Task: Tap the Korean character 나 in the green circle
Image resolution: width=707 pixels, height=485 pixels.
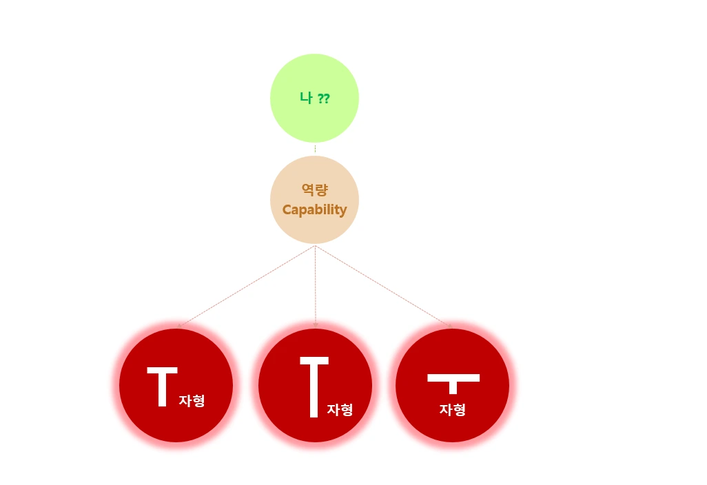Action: tap(307, 98)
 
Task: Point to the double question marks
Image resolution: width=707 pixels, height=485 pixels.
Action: tap(323, 99)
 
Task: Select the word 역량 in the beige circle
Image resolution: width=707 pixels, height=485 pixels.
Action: tap(314, 190)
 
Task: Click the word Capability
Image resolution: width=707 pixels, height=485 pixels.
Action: tap(314, 209)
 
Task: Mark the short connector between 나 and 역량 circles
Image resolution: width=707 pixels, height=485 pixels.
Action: tap(315, 149)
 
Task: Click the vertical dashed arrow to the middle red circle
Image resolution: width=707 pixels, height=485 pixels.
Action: tap(315, 285)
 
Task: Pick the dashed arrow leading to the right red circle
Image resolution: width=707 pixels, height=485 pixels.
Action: tap(383, 285)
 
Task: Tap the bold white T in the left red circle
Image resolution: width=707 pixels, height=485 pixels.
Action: tap(163, 386)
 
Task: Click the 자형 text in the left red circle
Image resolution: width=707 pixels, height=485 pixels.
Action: tap(192, 400)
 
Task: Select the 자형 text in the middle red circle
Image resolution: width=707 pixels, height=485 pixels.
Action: tap(340, 409)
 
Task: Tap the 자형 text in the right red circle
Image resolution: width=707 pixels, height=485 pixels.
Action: tap(452, 409)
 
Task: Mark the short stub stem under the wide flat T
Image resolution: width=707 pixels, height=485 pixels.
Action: tap(453, 387)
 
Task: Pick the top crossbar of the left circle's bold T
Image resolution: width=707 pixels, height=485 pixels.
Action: tap(163, 371)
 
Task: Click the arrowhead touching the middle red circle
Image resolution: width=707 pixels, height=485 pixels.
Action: tap(315, 324)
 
